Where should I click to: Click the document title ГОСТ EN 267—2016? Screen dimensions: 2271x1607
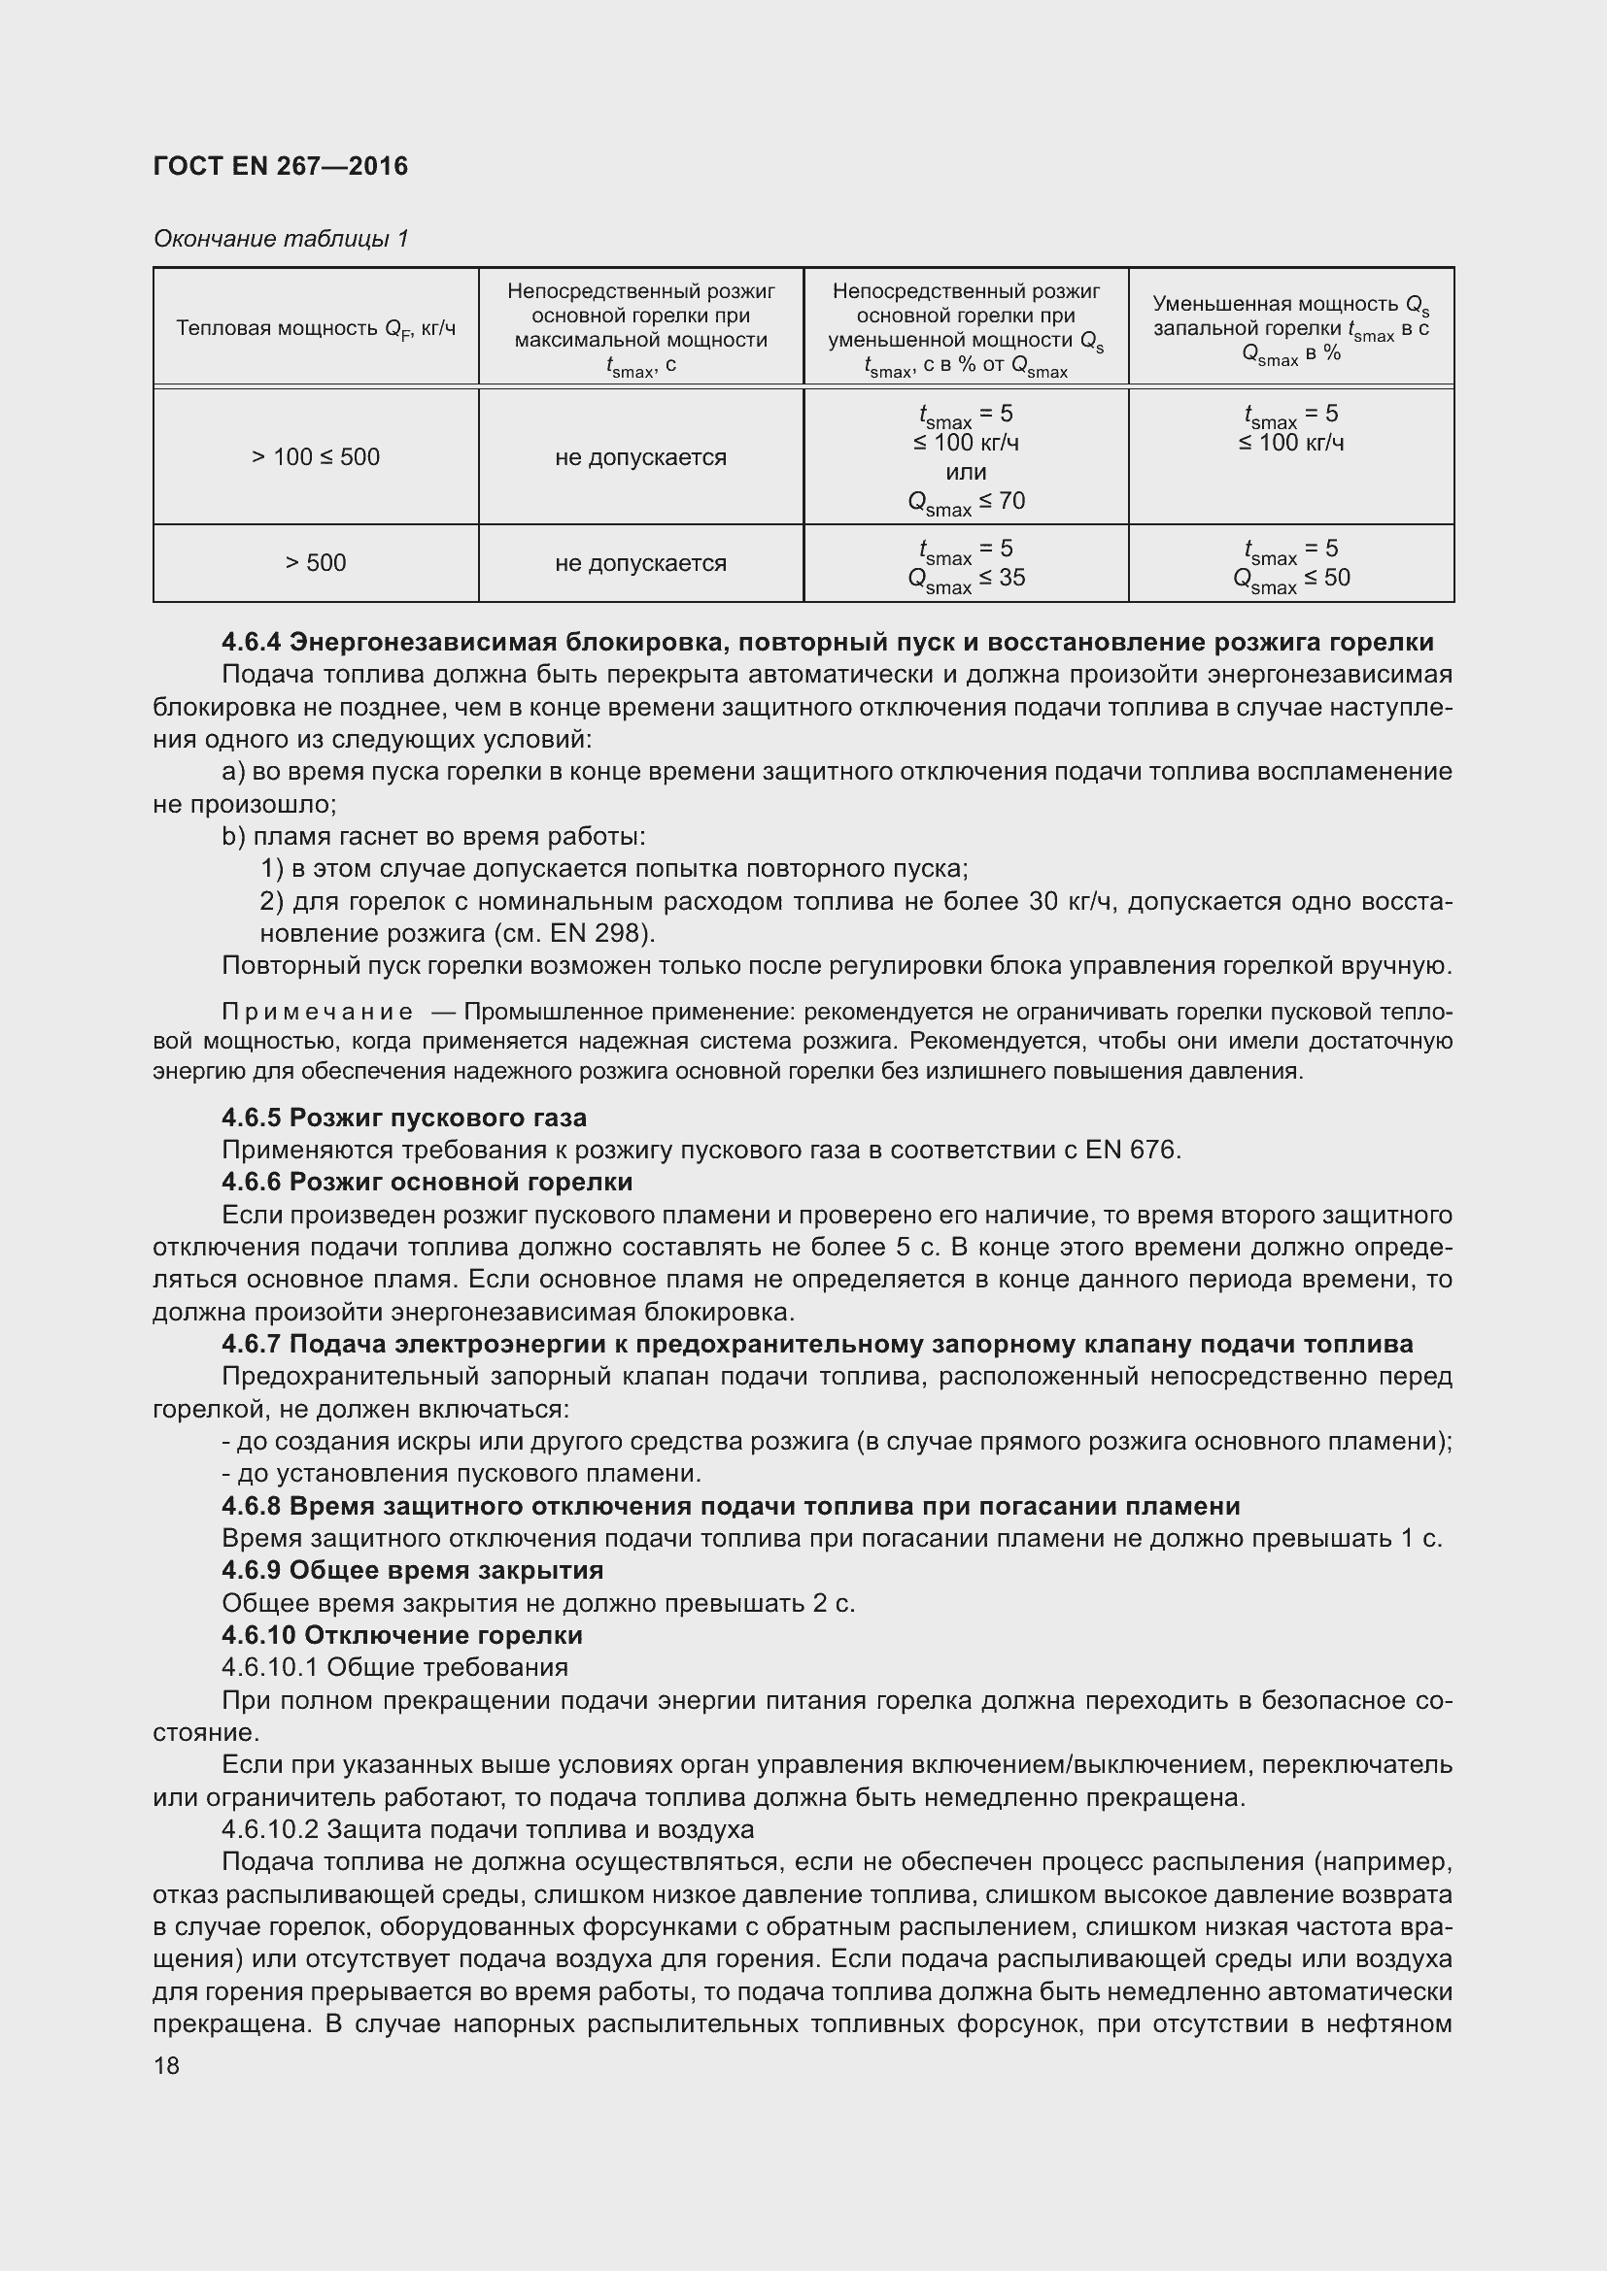pos(280,166)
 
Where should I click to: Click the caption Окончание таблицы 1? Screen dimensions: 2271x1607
pos(280,239)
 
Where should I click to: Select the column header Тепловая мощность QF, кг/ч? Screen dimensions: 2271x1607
pos(316,328)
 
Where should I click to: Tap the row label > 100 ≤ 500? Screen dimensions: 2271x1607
pos(316,457)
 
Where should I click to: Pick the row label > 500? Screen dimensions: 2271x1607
pos(316,563)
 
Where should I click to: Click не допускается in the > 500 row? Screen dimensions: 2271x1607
pos(640,563)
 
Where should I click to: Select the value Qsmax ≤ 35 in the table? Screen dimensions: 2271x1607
pos(966,579)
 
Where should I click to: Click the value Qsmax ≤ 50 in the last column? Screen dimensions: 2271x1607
pos(1290,579)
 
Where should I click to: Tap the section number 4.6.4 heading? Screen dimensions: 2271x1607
pos(252,642)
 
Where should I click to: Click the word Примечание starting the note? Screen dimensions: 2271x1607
pos(318,1012)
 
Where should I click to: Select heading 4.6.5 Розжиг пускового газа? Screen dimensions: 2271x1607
pos(404,1118)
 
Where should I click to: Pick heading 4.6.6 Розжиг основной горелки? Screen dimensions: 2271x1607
pos(427,1182)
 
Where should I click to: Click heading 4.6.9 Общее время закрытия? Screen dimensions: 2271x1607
pos(412,1571)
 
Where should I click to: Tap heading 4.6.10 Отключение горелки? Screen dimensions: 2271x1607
pos(402,1635)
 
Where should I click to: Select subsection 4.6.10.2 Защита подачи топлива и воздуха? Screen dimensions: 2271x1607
pos(487,1830)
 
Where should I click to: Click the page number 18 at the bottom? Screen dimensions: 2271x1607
pos(166,2065)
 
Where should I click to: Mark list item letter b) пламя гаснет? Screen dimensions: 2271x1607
pos(233,837)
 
